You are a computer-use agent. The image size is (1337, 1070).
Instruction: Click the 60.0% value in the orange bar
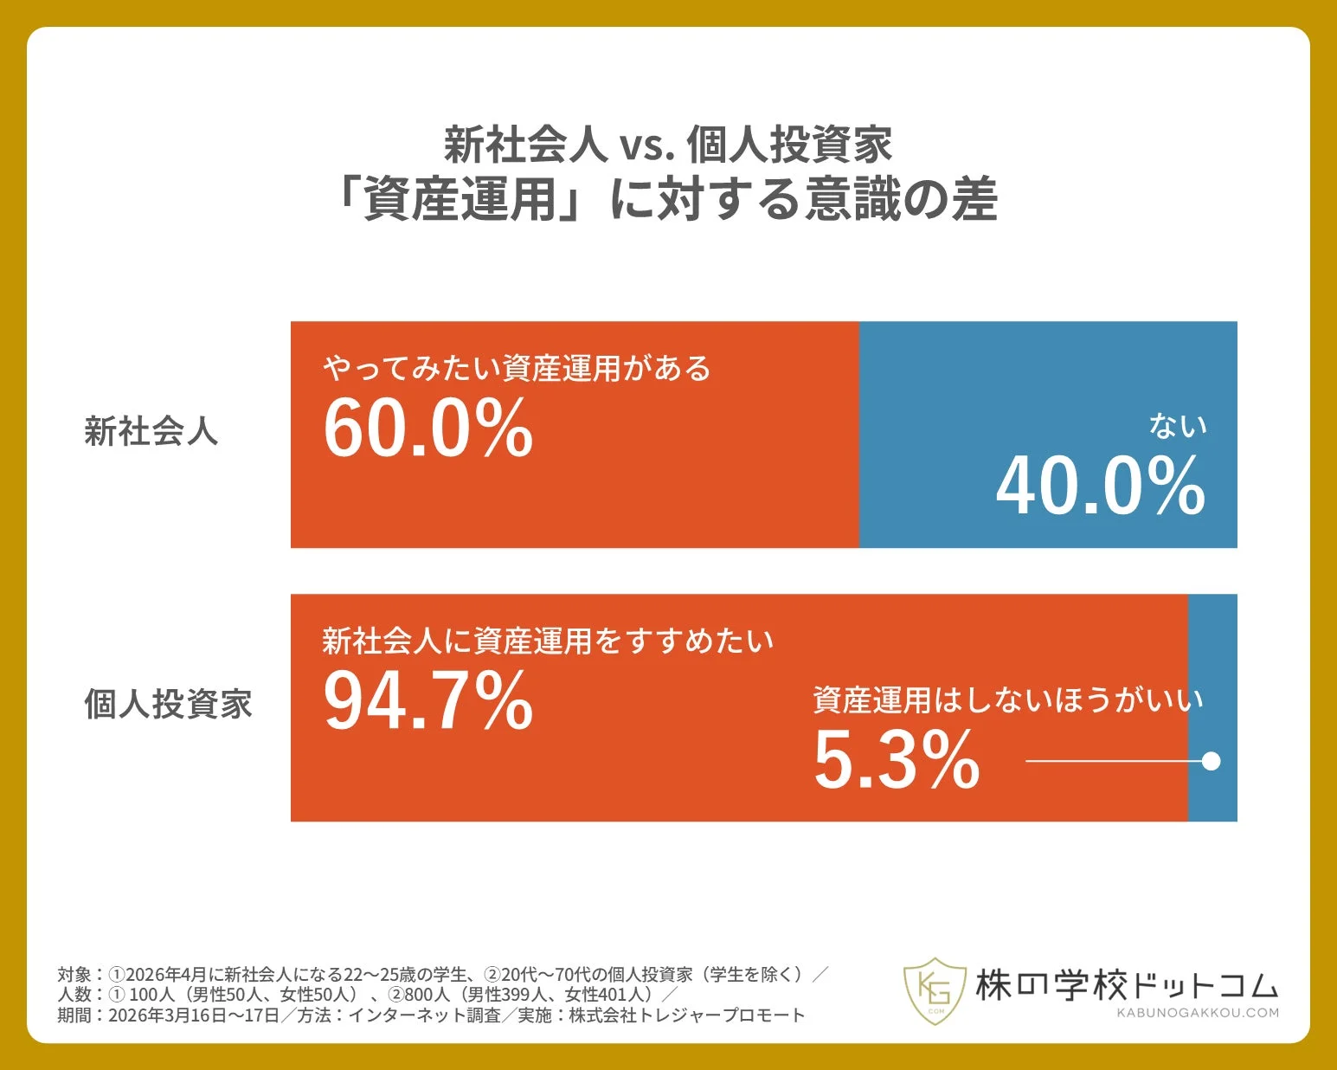[428, 428]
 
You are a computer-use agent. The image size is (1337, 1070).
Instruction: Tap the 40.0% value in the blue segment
[1101, 487]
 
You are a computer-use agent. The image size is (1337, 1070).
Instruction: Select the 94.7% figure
[428, 700]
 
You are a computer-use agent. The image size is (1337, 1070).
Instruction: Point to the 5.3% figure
[897, 760]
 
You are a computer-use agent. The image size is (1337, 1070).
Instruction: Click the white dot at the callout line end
[1212, 761]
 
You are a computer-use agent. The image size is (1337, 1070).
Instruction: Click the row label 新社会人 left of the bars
[151, 431]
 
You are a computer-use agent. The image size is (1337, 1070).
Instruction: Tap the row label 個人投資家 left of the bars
[168, 704]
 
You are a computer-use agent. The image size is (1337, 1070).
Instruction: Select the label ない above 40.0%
[1178, 426]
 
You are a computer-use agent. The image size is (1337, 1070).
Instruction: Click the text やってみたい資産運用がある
[517, 369]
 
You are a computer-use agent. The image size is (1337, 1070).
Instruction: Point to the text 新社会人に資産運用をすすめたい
[548, 641]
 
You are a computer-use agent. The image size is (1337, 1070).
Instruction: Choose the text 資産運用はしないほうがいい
[1008, 699]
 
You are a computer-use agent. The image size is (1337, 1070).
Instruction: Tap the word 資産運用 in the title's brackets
[460, 199]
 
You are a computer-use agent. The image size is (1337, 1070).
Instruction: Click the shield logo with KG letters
[934, 990]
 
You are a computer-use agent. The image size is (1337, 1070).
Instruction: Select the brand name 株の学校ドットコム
[1127, 985]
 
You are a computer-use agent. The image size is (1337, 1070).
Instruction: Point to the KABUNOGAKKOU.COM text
[1197, 1013]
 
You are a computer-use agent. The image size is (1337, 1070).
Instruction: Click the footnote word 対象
[74, 975]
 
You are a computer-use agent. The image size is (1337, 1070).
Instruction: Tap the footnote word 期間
[74, 1015]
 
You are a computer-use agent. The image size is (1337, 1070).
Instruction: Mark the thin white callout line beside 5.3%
[1112, 761]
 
